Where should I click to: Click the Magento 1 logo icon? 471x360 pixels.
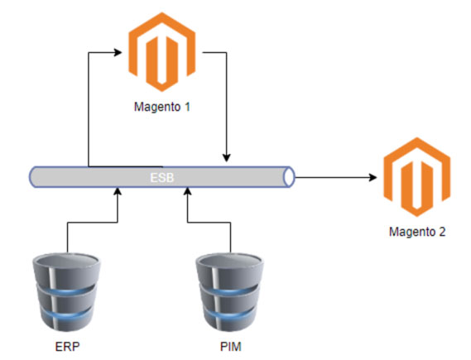tap(162, 52)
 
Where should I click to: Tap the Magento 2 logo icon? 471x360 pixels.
tap(417, 177)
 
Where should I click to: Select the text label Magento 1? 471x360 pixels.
tap(162, 107)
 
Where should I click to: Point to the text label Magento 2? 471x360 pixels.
tap(417, 232)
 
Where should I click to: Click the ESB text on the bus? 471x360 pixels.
tap(162, 177)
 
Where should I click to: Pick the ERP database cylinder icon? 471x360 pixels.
tap(67, 292)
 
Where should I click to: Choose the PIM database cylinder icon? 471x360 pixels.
tap(230, 292)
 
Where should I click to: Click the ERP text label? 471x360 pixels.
tap(68, 347)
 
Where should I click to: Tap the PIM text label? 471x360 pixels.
tap(231, 347)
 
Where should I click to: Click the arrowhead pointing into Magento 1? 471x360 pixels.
tap(118, 52)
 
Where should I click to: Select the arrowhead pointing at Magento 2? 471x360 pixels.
tap(372, 177)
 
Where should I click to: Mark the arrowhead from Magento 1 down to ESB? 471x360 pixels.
tap(227, 158)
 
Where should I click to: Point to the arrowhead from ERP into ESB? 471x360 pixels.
tap(118, 191)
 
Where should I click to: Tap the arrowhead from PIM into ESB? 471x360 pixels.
tap(188, 191)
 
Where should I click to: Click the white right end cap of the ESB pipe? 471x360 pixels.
tap(289, 177)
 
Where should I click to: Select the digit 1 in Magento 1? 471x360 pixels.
tap(187, 107)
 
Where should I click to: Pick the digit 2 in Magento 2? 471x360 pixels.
tap(442, 232)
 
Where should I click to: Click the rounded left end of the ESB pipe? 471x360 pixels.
tap(34, 177)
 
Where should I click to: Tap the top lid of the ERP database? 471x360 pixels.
tap(67, 261)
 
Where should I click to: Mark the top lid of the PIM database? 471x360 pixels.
tap(230, 261)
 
